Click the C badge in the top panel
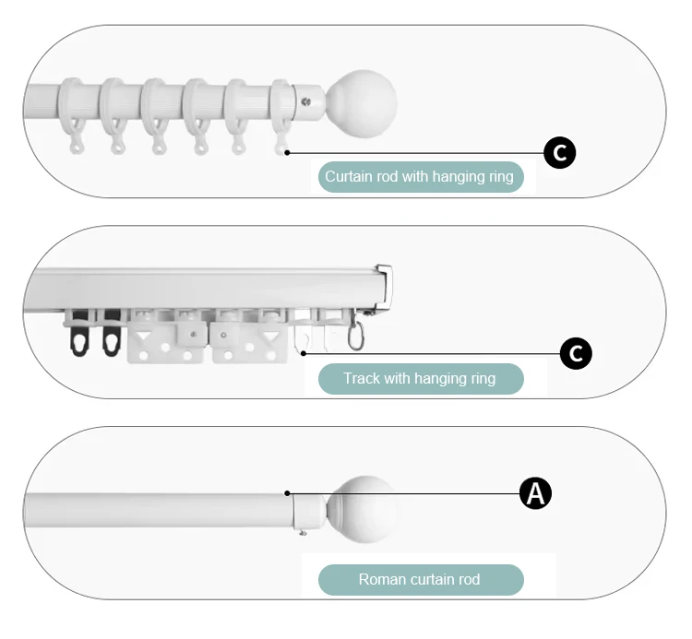[x=560, y=153]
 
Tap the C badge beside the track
[x=576, y=353]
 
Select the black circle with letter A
[x=535, y=493]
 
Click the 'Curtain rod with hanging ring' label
[x=420, y=176]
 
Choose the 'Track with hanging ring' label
[x=420, y=378]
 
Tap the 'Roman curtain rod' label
[x=420, y=580]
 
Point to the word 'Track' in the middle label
[x=362, y=378]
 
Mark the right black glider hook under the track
[x=113, y=338]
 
